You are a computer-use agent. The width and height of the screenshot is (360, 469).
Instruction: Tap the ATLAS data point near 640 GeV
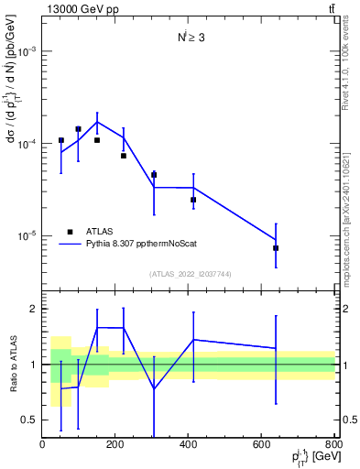tap(276, 248)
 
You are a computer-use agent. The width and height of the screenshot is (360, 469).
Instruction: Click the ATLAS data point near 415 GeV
tap(193, 200)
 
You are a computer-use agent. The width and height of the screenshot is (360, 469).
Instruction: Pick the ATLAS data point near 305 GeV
tap(154, 174)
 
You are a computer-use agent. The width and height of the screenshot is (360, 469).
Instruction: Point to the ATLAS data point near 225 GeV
tap(124, 156)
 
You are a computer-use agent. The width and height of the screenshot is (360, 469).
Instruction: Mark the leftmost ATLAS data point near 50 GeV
tap(61, 140)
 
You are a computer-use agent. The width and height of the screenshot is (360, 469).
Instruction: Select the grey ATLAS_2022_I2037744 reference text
tap(189, 273)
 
